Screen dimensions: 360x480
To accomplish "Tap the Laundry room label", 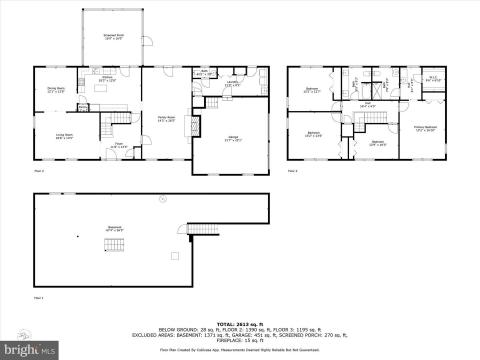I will click(x=231, y=85).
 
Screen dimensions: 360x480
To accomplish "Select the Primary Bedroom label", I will click(x=424, y=128).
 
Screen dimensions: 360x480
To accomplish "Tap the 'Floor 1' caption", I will click(x=39, y=298).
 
